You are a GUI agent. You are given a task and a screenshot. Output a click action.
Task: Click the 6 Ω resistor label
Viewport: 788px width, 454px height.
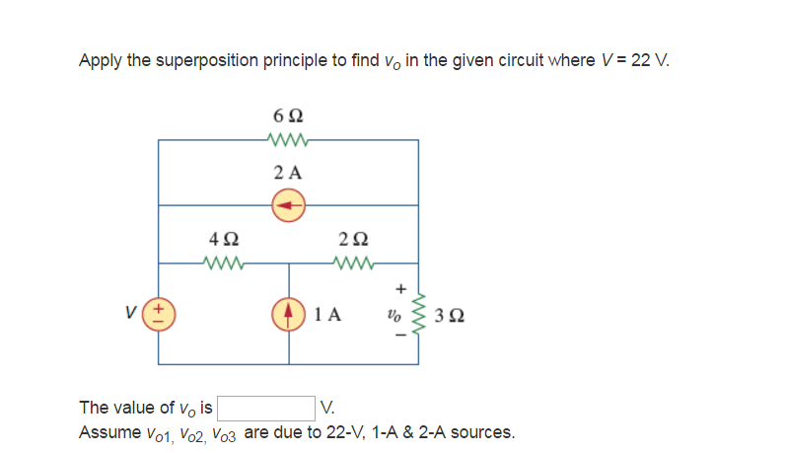point(288,116)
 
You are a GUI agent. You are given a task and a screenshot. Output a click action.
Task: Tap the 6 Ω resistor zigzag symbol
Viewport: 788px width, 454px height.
point(288,140)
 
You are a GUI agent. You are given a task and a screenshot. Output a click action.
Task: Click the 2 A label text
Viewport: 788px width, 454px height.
point(288,172)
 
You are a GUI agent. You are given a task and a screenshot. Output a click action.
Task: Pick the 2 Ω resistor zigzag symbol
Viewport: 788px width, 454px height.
point(353,264)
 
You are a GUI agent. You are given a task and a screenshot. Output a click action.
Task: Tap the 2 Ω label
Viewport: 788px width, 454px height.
point(353,239)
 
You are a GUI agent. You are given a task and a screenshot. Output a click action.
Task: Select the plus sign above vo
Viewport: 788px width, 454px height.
point(400,290)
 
